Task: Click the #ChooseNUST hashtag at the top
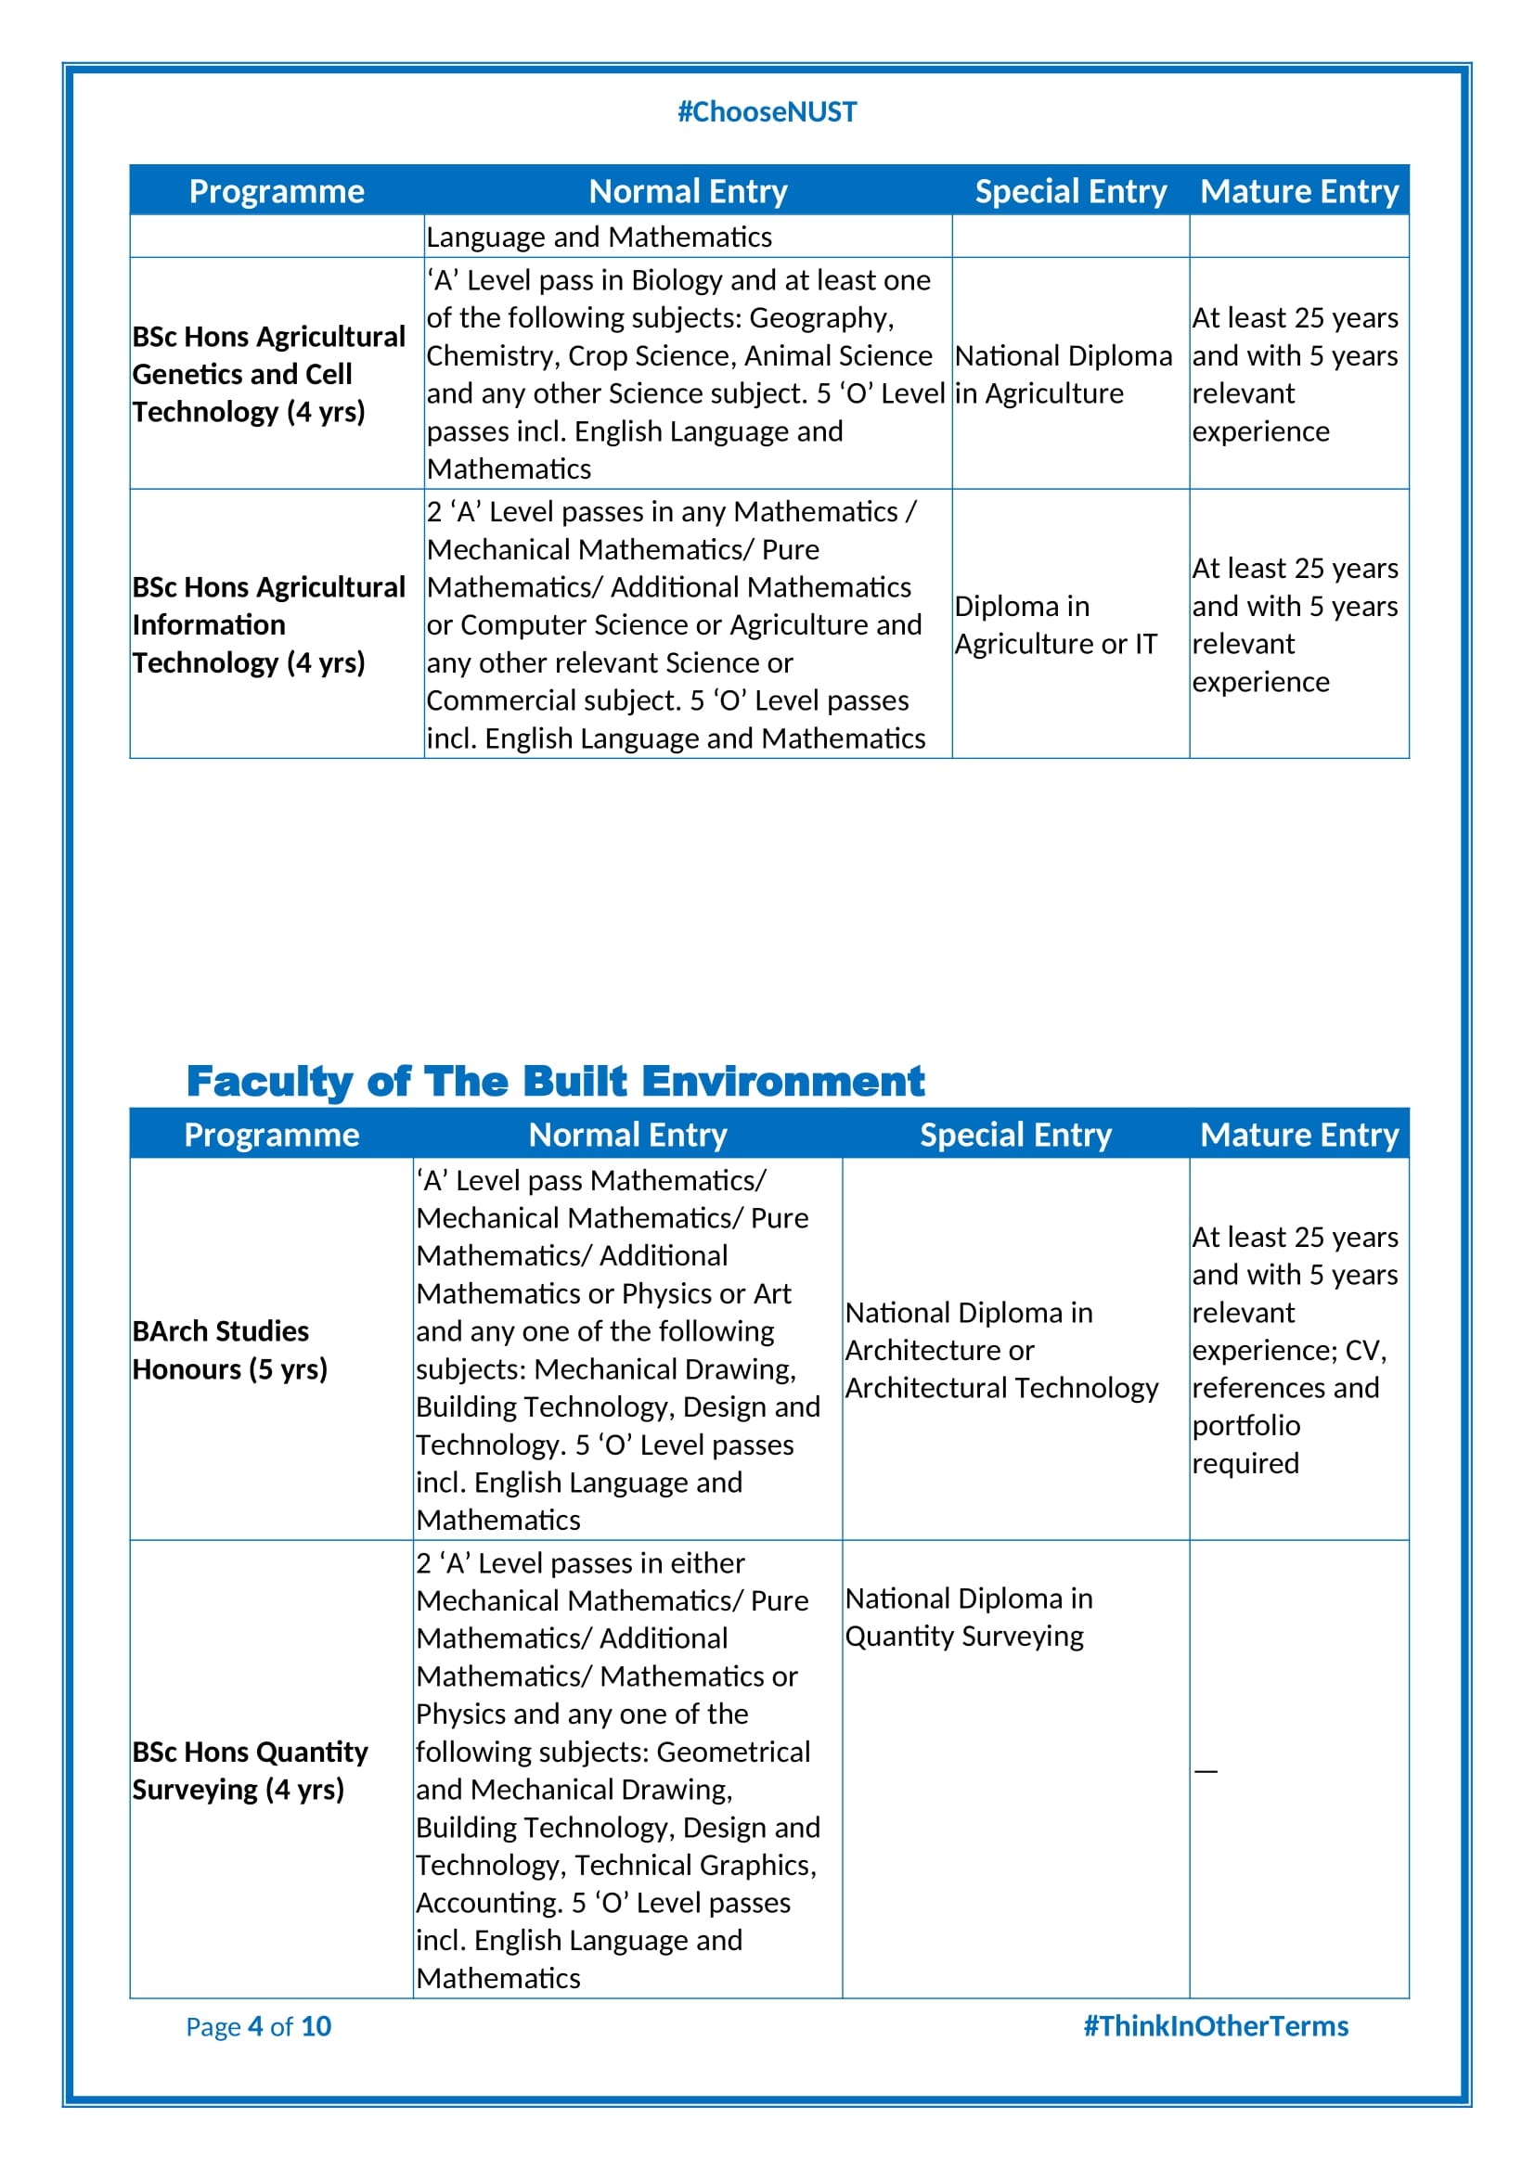tap(767, 112)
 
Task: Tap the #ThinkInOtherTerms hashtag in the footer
tap(1216, 2025)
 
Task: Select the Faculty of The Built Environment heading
tap(555, 1081)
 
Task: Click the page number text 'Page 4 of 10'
tap(258, 2025)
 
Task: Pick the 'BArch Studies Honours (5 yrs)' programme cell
tap(229, 1350)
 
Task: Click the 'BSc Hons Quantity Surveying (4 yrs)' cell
tap(250, 1770)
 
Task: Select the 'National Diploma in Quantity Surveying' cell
tap(968, 1617)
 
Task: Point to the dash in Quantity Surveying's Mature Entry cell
tap(1206, 1770)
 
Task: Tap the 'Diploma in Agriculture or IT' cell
tap(1055, 624)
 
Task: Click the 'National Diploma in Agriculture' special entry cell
tap(1063, 374)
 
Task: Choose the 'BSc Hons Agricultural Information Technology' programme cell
tap(268, 624)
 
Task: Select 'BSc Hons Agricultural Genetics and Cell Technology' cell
tap(268, 374)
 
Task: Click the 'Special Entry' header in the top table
tap(1070, 191)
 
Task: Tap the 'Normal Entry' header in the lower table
tap(627, 1134)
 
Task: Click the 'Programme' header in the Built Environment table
tap(271, 1134)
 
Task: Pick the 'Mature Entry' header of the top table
tap(1298, 191)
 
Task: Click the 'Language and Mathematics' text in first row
tap(599, 238)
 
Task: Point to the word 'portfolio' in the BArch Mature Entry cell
tap(1245, 1425)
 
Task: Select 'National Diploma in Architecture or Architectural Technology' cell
tap(1001, 1350)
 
